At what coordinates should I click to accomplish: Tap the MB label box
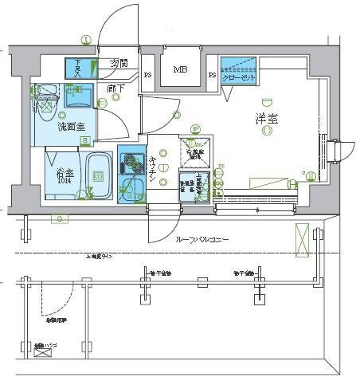[x=181, y=70]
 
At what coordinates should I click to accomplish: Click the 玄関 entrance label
[x=119, y=64]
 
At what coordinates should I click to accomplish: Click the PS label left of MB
[x=148, y=76]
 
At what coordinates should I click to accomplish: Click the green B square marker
[x=84, y=141]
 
